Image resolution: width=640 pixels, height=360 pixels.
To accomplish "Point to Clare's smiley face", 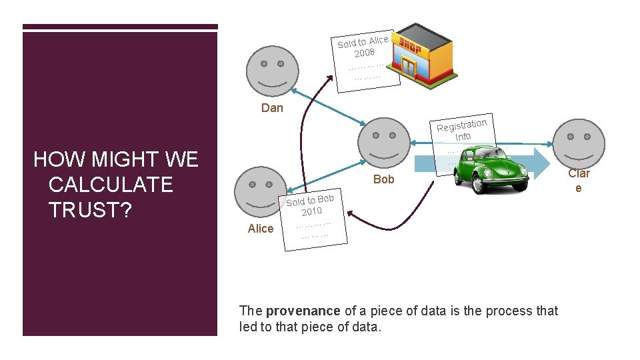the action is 579,143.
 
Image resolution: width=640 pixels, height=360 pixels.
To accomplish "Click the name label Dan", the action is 272,108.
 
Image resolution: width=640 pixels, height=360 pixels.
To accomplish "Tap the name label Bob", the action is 384,179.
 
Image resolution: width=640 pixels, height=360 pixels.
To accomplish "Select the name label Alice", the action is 261,229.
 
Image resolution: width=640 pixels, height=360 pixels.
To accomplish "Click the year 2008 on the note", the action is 365,53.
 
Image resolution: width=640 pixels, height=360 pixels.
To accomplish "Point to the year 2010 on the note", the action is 311,211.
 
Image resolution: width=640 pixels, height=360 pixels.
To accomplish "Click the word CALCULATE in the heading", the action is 111,184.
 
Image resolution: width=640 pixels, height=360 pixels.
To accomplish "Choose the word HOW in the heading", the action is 58,159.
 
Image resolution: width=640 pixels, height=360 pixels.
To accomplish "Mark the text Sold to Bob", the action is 310,199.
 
